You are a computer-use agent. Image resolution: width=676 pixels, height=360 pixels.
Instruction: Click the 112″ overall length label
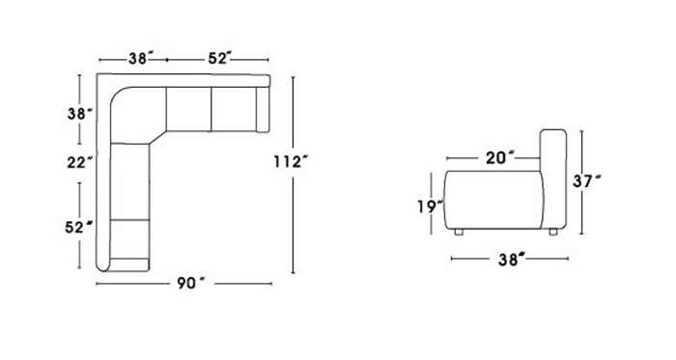pos(291,162)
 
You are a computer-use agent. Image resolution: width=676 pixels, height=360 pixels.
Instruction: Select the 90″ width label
pos(191,283)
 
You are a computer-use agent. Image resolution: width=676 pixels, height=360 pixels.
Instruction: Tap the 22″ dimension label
pos(80,163)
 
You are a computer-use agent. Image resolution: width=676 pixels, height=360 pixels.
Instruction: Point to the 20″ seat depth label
pos(500,158)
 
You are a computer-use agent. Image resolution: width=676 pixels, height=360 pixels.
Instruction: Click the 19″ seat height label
pos(431,207)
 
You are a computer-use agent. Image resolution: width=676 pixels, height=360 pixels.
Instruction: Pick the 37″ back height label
pos(587,181)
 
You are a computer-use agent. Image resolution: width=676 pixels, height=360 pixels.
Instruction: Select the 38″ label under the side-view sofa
pos(512,260)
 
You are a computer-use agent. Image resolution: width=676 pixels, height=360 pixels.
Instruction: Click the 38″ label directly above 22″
pos(80,114)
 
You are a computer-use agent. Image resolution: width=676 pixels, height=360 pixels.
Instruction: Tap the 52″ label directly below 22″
pos(80,227)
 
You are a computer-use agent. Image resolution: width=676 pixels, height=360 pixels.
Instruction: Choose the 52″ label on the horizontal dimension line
pos(220,59)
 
